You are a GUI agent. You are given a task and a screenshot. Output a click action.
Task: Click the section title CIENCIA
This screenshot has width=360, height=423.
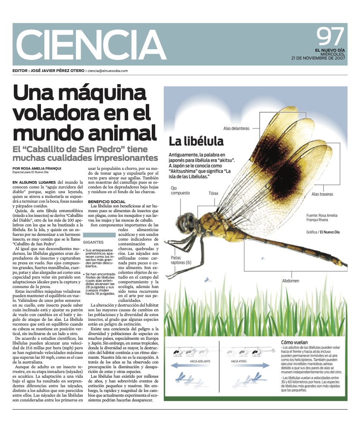click(91, 46)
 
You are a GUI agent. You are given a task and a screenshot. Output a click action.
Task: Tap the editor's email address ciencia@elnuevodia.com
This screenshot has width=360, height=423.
click(108, 71)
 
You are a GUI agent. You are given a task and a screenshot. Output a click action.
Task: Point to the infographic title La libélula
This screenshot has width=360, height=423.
click(196, 141)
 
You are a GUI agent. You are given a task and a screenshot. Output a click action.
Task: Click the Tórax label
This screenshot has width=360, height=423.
click(215, 193)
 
